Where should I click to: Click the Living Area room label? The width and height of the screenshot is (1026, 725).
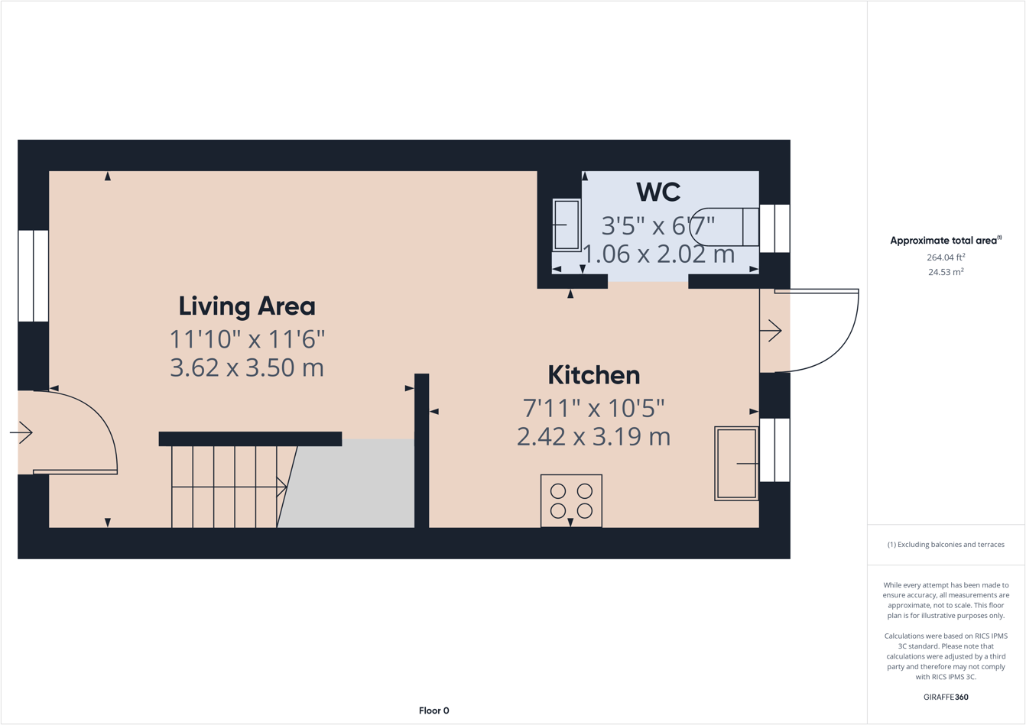tap(246, 306)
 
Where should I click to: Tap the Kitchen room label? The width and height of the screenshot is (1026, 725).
tap(593, 375)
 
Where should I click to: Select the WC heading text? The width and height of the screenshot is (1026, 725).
tap(657, 192)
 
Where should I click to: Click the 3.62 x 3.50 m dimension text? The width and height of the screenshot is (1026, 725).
tap(246, 367)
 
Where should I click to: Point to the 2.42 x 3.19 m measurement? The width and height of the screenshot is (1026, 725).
tap(593, 437)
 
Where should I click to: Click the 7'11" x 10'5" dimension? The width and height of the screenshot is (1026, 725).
tap(593, 408)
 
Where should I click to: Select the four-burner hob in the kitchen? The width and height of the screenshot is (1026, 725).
tap(571, 500)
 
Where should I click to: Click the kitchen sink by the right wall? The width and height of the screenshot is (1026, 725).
tap(736, 463)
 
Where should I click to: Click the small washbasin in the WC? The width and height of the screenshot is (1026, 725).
tap(566, 225)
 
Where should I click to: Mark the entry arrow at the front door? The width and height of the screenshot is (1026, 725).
tap(22, 433)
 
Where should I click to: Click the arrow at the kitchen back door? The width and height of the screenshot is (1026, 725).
tap(771, 331)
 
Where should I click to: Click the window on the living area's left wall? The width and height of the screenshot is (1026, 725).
tap(33, 276)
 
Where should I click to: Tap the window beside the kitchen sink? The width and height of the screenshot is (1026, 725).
tap(774, 450)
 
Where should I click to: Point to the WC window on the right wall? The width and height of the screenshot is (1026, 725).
tap(774, 228)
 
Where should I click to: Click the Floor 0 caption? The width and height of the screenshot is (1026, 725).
tap(433, 710)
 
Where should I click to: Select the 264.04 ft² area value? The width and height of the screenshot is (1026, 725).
tap(945, 257)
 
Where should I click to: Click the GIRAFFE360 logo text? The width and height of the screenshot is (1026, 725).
tap(945, 697)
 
